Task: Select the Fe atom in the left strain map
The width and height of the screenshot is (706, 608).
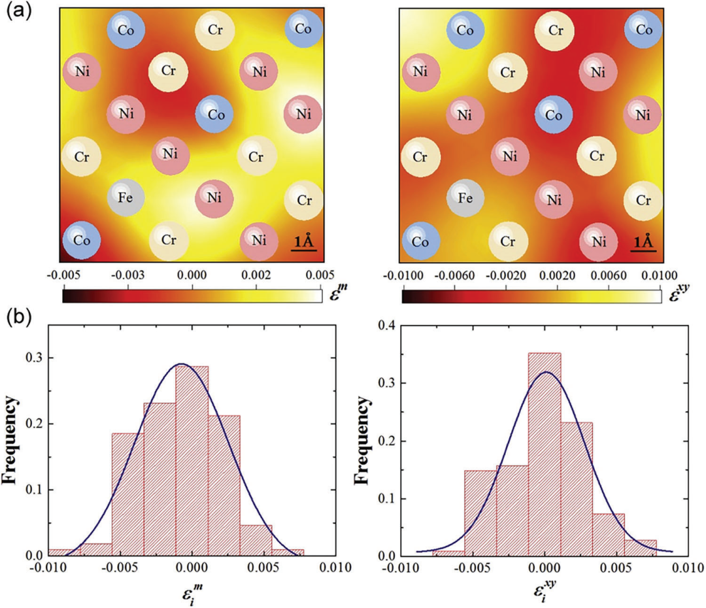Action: click(126, 197)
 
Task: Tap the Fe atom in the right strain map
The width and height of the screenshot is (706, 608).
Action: click(465, 197)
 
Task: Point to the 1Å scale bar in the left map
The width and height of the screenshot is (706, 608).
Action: click(304, 243)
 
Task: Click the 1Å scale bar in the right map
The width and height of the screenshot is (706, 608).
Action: click(644, 243)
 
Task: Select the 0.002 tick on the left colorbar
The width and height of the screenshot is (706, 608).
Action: click(257, 275)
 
